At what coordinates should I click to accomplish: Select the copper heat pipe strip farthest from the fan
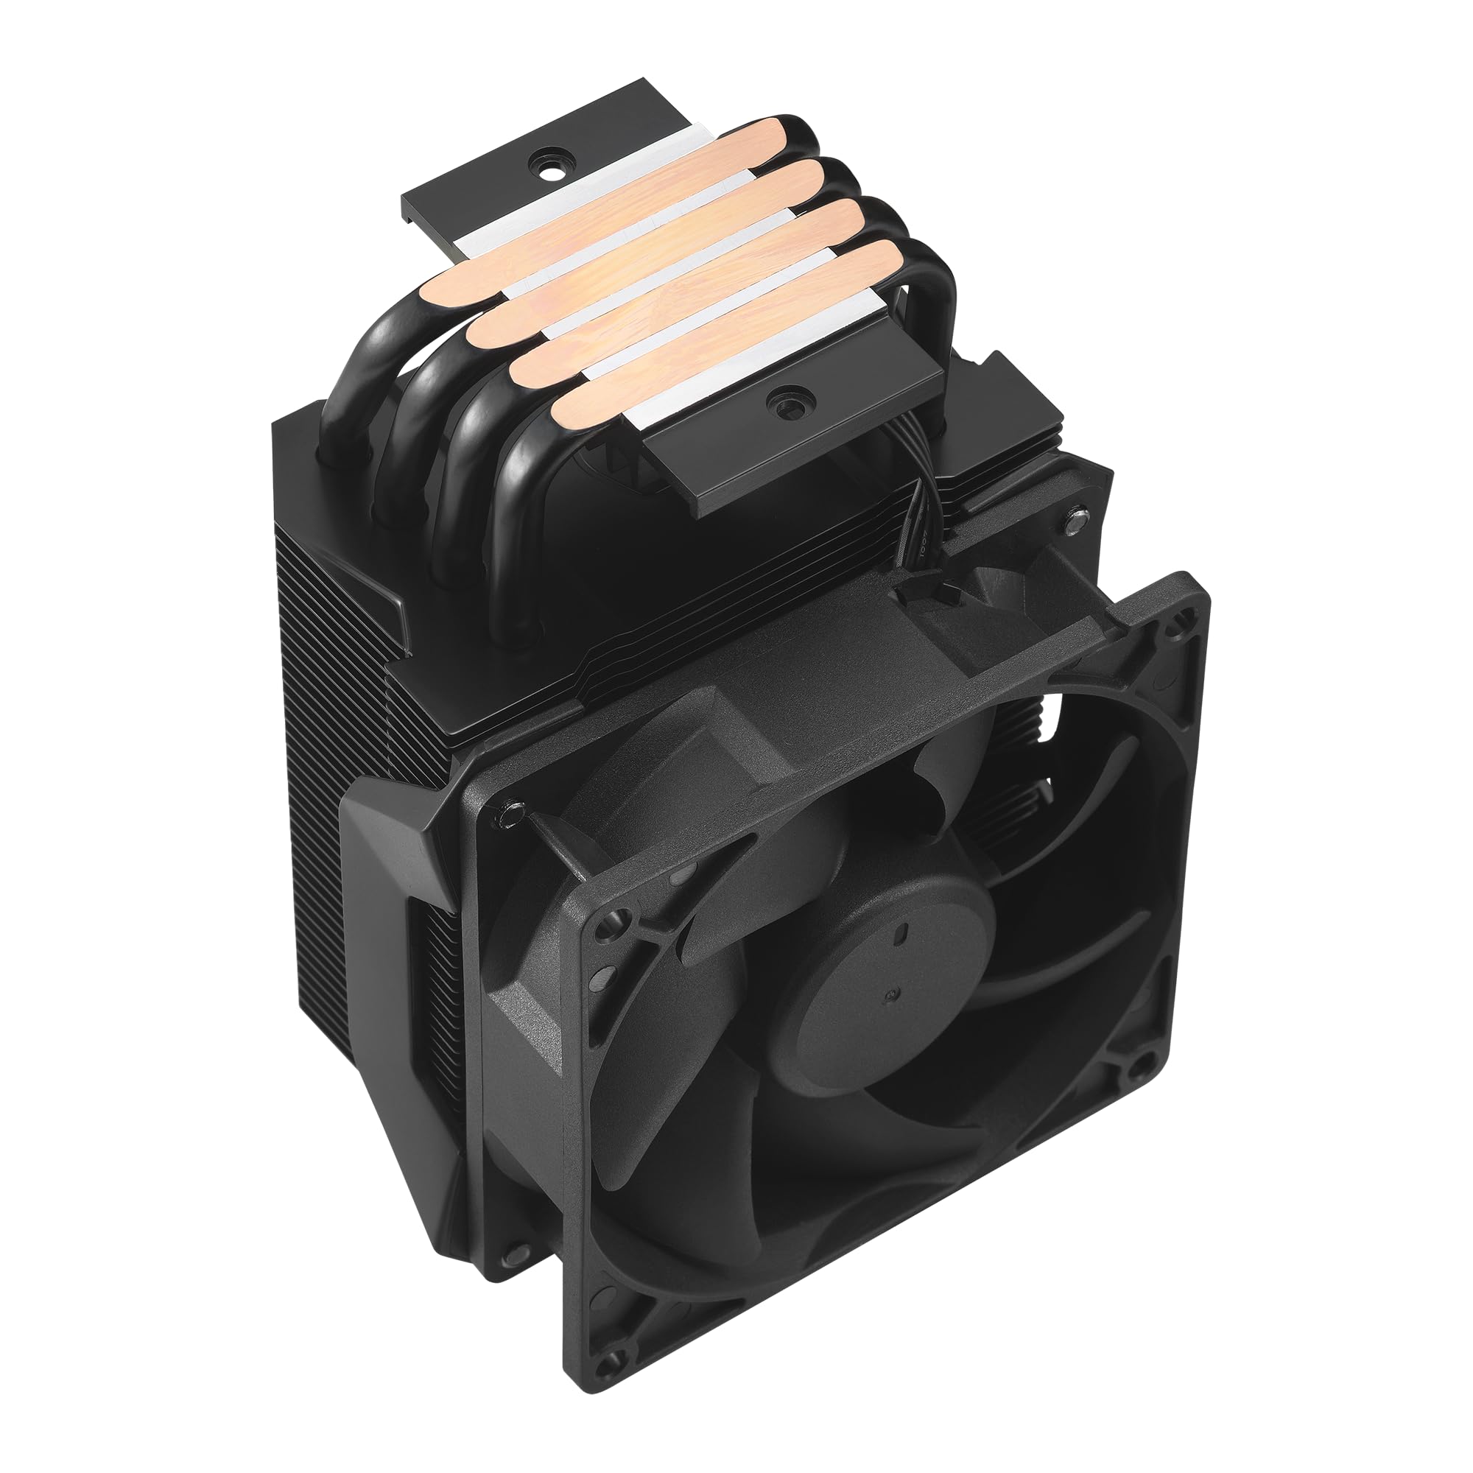(x=610, y=198)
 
